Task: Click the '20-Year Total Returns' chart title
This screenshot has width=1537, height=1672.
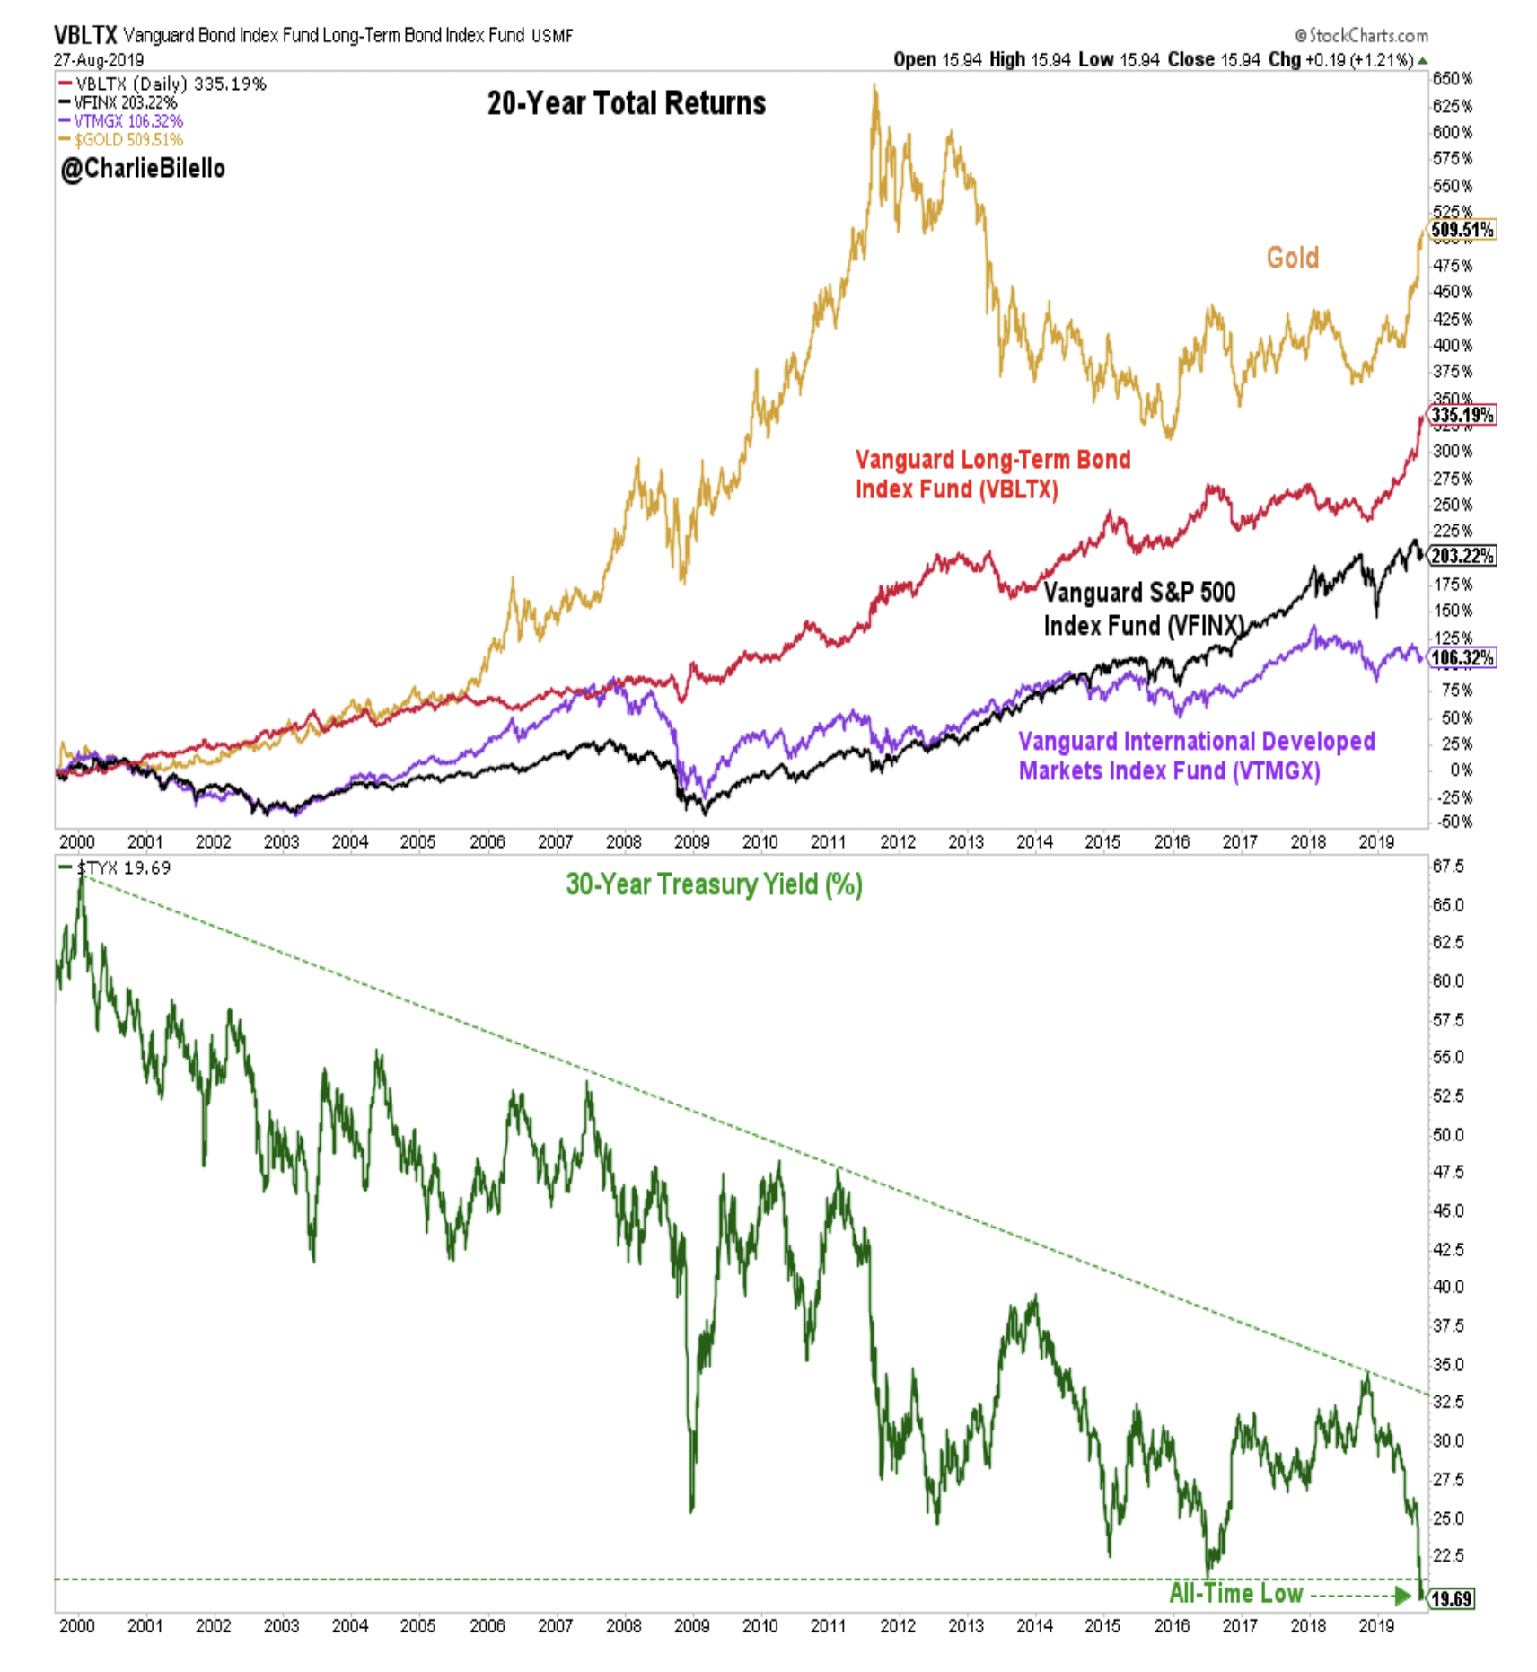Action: click(626, 103)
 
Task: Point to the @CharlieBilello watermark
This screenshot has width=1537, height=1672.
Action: click(143, 169)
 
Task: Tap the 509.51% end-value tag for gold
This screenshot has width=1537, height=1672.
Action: click(1462, 230)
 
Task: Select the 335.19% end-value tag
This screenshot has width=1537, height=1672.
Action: click(1462, 415)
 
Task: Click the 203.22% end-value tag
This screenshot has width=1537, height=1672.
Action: click(1462, 556)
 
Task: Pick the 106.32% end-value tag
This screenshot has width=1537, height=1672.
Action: click(1462, 658)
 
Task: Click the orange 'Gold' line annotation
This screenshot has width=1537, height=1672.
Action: click(1292, 259)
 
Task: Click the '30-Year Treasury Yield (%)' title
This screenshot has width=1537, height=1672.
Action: click(714, 884)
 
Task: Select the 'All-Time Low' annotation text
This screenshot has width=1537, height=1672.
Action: click(1235, 1593)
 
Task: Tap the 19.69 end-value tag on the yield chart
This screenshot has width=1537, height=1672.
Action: click(1451, 1598)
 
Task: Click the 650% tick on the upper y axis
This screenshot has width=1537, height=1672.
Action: click(1452, 79)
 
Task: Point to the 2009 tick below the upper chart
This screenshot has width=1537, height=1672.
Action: click(691, 842)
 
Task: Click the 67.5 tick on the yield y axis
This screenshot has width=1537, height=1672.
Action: click(1448, 866)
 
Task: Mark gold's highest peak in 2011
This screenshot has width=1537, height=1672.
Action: click(874, 87)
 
